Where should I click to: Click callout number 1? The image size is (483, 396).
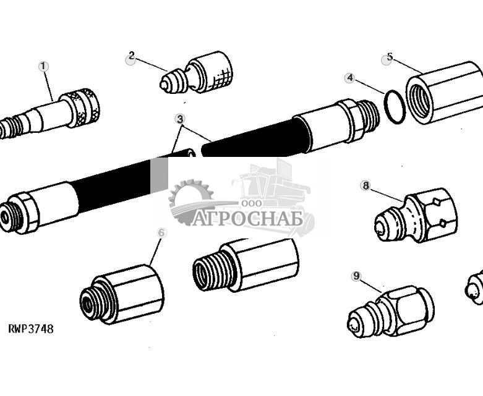[x=43, y=66]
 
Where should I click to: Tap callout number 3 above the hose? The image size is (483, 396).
[x=180, y=119]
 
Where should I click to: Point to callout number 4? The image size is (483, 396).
[x=350, y=78]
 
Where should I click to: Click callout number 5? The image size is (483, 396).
[x=388, y=59]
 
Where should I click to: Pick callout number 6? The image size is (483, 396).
[x=161, y=233]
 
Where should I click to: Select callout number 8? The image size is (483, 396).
[x=365, y=185]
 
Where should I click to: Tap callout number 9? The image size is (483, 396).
[x=356, y=276]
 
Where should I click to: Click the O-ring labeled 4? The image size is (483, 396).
[x=394, y=106]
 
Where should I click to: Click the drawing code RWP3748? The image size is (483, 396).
[x=31, y=329]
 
